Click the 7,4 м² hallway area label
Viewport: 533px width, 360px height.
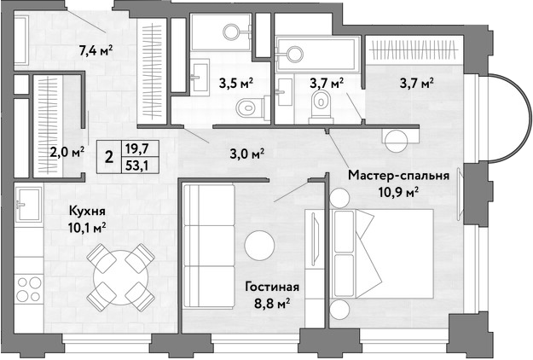point(96,51)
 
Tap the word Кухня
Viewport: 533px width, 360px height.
point(87,211)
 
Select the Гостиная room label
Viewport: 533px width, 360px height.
point(272,287)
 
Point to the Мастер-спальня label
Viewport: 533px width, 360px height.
point(399,176)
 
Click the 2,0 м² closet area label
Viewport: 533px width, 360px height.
point(67,152)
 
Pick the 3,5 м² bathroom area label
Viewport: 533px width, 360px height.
point(236,83)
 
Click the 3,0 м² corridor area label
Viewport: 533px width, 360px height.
point(247,154)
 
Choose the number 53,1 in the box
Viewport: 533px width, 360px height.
point(137,165)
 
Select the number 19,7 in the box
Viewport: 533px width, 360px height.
point(137,148)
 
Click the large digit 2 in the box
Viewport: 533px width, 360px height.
point(109,157)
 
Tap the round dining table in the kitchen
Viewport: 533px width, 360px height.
point(121,278)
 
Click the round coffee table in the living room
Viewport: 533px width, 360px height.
point(259,246)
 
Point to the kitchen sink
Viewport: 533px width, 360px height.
point(29,205)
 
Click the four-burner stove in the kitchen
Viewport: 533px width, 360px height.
point(29,289)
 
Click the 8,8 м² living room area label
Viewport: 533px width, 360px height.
point(272,303)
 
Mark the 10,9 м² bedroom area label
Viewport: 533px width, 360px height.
point(399,192)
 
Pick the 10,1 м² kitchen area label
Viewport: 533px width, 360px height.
point(87,228)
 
